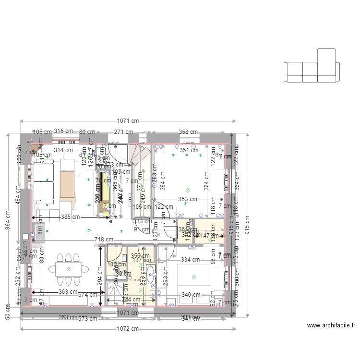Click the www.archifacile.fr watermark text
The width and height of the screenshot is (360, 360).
(331, 325)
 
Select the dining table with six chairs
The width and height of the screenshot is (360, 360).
(68, 269)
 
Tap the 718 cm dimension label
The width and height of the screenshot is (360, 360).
(103, 239)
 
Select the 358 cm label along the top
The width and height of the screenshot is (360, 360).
(188, 132)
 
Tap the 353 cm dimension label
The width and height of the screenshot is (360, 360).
(188, 199)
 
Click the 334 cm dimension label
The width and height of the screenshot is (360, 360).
(190, 260)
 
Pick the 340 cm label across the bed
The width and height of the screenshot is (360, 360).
(190, 295)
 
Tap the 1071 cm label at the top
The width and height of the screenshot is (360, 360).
(127, 121)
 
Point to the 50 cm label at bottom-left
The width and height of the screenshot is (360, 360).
(8, 311)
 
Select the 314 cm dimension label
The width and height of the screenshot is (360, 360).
(63, 150)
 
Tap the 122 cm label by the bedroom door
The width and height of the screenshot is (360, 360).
(164, 207)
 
